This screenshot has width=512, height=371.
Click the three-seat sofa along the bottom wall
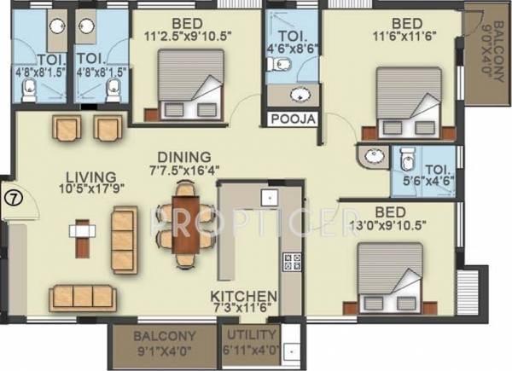(x=83, y=296)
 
